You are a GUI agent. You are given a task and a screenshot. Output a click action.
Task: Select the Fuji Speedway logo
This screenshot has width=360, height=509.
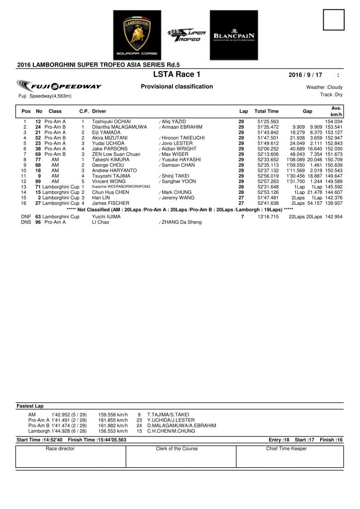click(59, 85)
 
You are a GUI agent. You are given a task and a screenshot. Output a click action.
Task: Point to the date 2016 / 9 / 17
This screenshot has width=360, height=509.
click(305, 75)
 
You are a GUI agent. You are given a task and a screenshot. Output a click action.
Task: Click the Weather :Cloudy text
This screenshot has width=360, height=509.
click(325, 87)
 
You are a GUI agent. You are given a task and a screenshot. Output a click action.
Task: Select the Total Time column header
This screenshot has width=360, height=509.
click(267, 111)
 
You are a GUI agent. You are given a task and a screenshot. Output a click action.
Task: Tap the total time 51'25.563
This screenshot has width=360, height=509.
click(268, 121)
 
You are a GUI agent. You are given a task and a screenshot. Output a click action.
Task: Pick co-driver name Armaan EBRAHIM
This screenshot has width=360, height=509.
click(181, 127)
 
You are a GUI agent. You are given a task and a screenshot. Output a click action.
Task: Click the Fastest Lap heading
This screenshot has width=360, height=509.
click(31, 406)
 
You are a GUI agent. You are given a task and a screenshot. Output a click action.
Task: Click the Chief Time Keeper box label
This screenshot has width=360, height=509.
click(286, 448)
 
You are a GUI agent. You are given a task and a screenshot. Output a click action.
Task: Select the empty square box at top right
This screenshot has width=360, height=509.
click(334, 20)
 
